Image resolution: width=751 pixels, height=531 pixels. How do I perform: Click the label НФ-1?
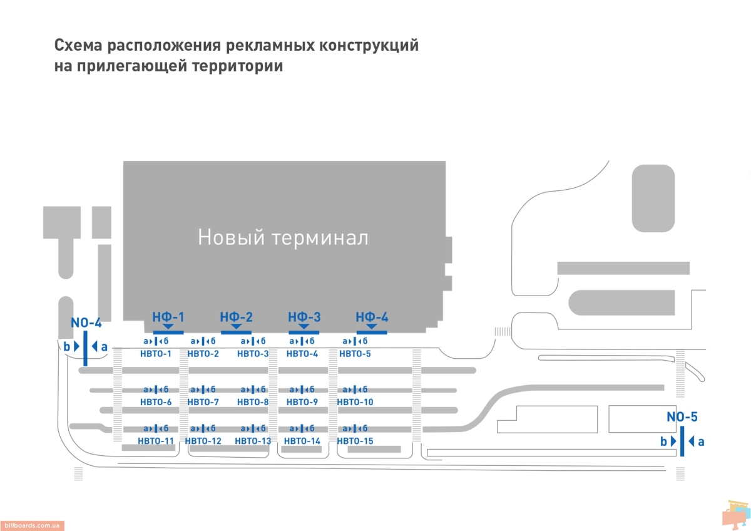click(168, 317)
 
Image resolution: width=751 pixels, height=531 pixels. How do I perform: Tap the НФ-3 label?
click(304, 317)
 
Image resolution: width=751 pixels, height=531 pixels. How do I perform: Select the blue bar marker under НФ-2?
click(236, 332)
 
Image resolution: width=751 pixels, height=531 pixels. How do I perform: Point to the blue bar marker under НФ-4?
click(372, 332)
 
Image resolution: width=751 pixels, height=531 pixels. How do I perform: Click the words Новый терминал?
click(283, 238)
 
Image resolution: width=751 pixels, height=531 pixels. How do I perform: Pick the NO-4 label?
click(86, 323)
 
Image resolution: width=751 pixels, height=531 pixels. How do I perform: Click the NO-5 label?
click(682, 418)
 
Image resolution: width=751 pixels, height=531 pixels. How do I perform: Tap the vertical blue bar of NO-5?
click(682, 441)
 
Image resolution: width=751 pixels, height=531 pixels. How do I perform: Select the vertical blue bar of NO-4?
click(85, 348)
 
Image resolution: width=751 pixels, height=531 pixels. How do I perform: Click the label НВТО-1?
click(156, 354)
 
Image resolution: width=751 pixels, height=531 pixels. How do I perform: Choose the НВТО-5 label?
click(355, 354)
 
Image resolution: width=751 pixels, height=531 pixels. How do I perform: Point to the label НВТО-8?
click(253, 402)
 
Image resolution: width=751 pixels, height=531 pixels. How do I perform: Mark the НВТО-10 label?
click(355, 402)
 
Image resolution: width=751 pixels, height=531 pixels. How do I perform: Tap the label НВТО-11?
click(156, 441)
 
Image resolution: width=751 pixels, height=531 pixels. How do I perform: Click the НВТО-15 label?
click(355, 441)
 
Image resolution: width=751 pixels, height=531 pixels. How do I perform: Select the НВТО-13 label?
click(253, 441)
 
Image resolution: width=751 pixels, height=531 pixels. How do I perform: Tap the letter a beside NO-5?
click(701, 441)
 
